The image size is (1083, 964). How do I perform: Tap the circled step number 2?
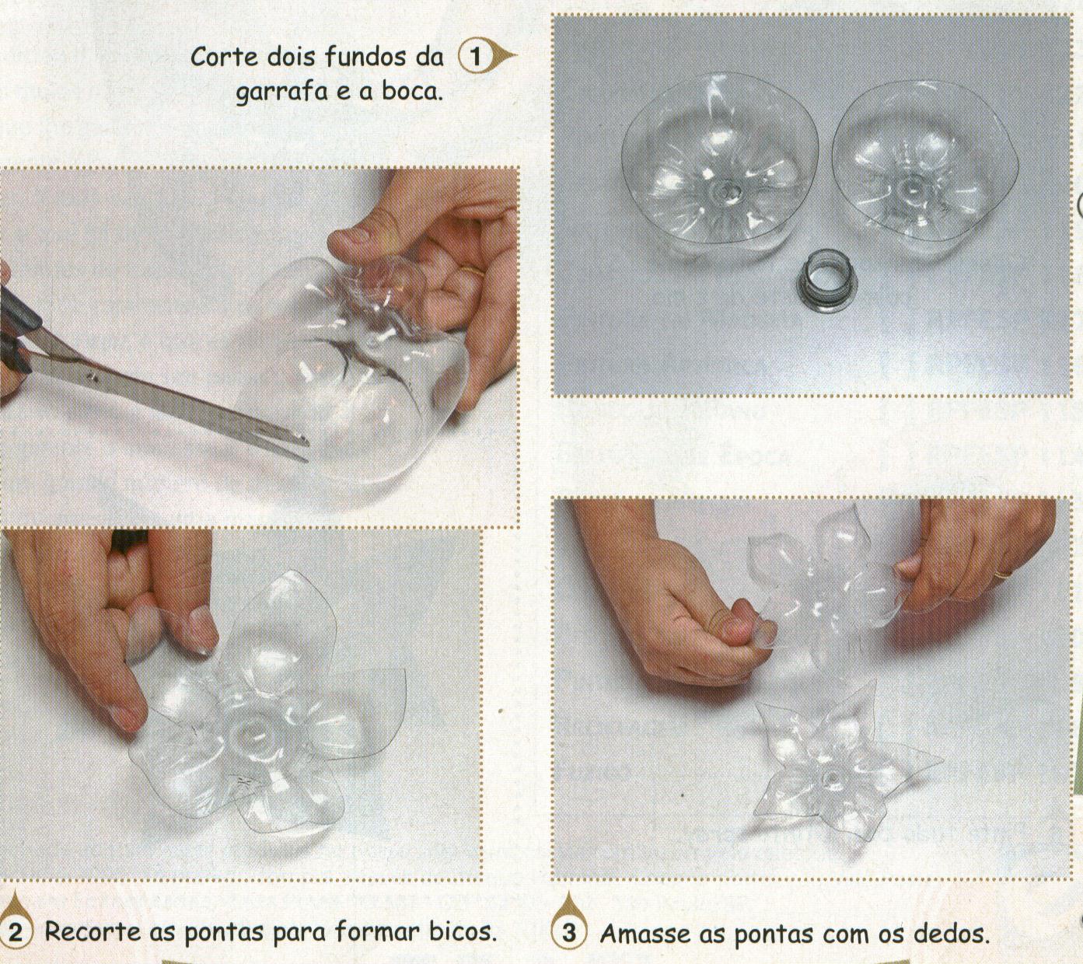pos(16,932)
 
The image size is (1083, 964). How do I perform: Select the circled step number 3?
pos(570,933)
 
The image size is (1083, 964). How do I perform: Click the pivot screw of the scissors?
pos(92,378)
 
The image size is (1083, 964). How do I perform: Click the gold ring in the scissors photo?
pos(473,270)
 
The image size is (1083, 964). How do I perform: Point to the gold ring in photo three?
pos(1003,575)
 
